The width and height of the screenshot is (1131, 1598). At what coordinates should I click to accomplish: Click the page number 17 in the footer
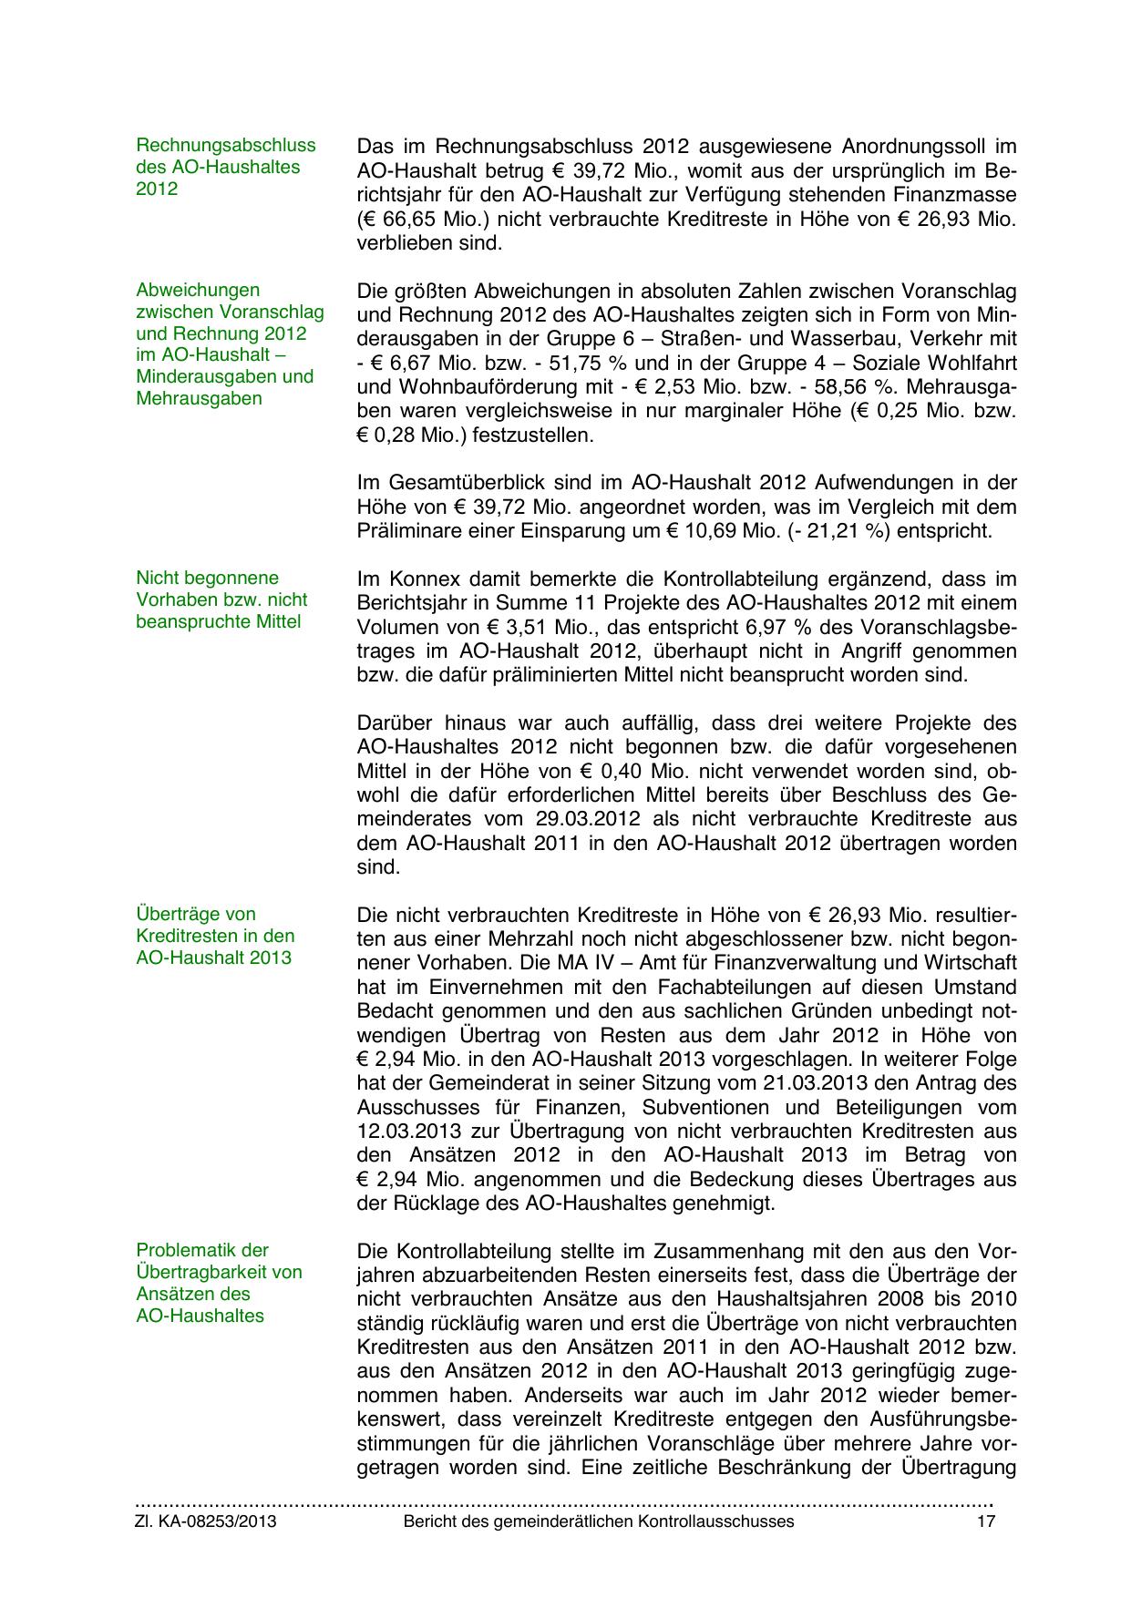pos(986,1521)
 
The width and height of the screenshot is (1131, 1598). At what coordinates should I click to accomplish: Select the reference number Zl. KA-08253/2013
pos(206,1521)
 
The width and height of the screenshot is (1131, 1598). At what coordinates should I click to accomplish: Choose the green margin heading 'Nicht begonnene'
pos(207,578)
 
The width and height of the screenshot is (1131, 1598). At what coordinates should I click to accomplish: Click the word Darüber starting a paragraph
pos(397,723)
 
